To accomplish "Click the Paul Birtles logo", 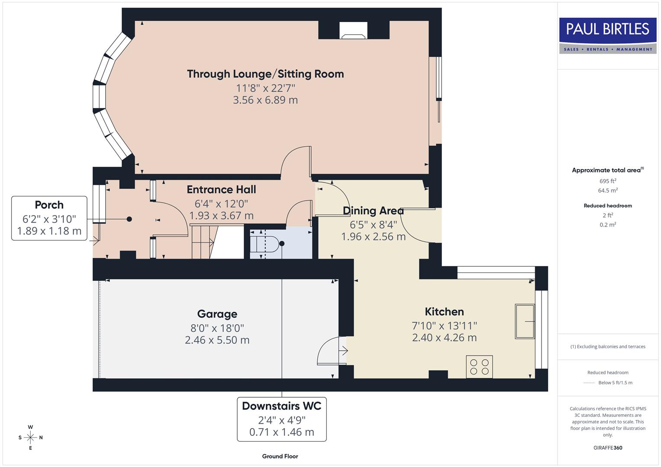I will tap(608, 35).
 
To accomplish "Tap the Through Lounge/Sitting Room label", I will tap(265, 74).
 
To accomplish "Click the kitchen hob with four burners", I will tap(479, 367).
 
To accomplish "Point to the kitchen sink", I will tap(525, 321).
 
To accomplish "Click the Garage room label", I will tap(217, 314).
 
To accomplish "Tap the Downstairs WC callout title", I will tap(281, 406).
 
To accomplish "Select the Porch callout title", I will tap(49, 205).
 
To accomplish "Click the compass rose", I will tap(30, 438).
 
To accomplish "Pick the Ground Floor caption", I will tap(280, 456).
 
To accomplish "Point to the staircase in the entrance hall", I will tap(208, 242).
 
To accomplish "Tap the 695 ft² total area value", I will tap(608, 181).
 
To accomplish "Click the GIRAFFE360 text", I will tap(608, 448).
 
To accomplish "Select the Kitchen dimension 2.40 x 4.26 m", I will tap(444, 338).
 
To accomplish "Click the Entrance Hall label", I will tap(221, 189).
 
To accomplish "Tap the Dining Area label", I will tap(373, 211).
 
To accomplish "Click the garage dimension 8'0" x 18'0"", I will tap(217, 328).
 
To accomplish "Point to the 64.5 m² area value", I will tap(608, 191).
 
